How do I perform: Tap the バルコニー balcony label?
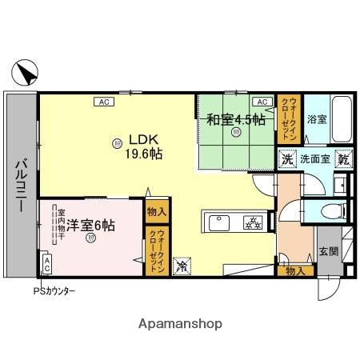18,185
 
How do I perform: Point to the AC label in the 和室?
262,102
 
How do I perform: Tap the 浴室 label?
317,120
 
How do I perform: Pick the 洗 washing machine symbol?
287,158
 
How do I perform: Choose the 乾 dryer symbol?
344,158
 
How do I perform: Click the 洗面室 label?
315,158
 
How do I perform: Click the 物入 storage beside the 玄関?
295,271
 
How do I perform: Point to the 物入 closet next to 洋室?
157,213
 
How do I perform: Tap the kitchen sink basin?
218,220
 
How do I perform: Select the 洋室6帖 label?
90,226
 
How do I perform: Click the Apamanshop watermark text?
180,323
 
